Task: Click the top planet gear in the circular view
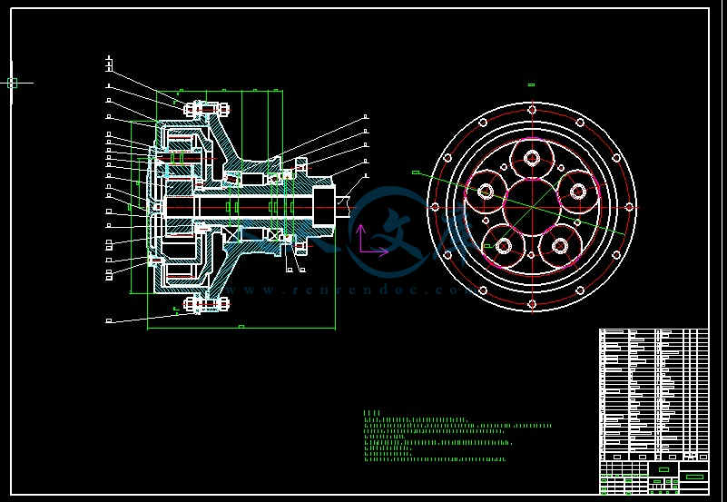pyautogui.click(x=532, y=159)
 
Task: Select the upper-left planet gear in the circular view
pyautogui.click(x=486, y=192)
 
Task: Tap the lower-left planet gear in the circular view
pyautogui.click(x=503, y=245)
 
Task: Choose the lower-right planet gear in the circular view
pyautogui.click(x=560, y=245)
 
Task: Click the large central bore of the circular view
pyautogui.click(x=532, y=207)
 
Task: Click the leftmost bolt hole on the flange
pyautogui.click(x=435, y=207)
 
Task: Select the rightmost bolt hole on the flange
pyautogui.click(x=629, y=207)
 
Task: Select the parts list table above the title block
pyautogui.click(x=653, y=394)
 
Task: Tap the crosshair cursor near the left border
pyautogui.click(x=12, y=83)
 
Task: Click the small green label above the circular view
pyautogui.click(x=531, y=85)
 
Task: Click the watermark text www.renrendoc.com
pyautogui.click(x=345, y=290)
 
